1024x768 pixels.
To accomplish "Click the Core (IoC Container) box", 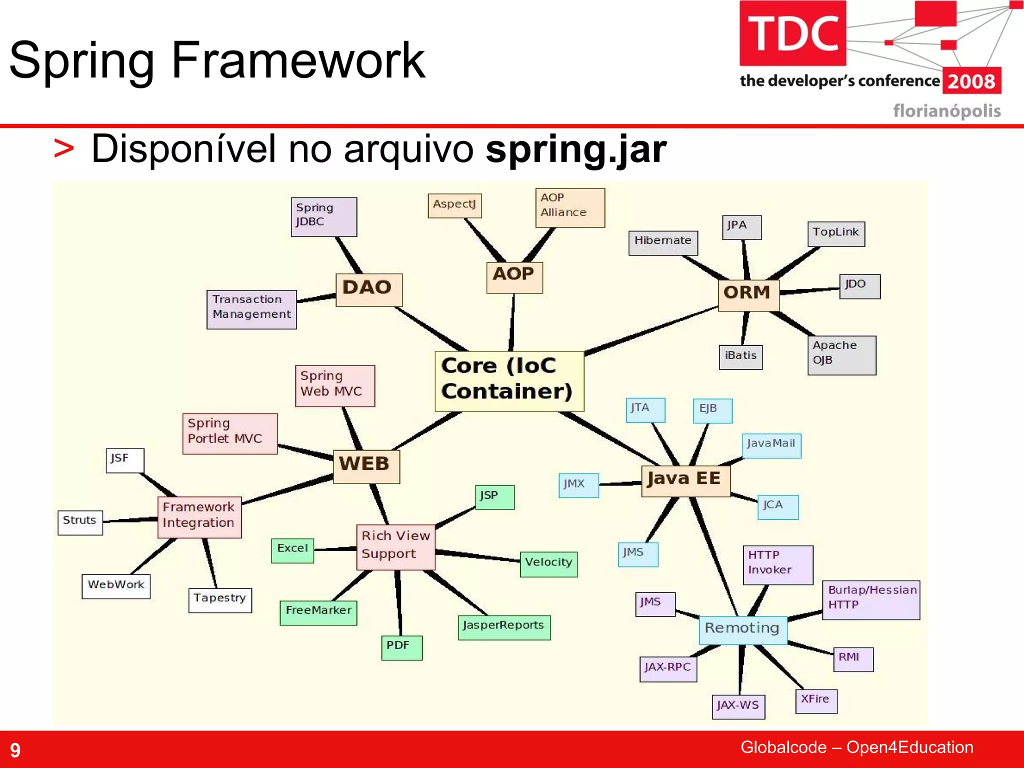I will (x=509, y=381).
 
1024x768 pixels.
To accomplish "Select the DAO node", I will (x=368, y=289).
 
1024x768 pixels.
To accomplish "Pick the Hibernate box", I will (x=662, y=242).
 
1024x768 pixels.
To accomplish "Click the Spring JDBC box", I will (x=323, y=216).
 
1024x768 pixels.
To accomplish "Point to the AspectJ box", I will (x=454, y=205).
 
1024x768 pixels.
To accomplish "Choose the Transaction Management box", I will (x=251, y=309).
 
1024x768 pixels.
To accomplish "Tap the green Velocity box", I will (x=548, y=564).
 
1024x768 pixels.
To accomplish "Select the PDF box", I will (x=401, y=647).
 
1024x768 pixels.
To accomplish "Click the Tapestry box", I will (x=220, y=599).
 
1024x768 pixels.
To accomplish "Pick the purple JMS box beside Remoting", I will (x=655, y=604).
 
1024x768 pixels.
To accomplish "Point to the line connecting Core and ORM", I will (x=650, y=331).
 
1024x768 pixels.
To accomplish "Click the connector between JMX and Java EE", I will (x=620, y=483).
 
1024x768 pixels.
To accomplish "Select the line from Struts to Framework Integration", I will (x=130, y=520).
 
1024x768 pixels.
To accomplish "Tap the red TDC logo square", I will (x=792, y=33).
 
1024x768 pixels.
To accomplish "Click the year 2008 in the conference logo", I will (x=971, y=81).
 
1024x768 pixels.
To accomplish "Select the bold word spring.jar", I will (x=576, y=149).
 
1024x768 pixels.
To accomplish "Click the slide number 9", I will (x=15, y=750).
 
